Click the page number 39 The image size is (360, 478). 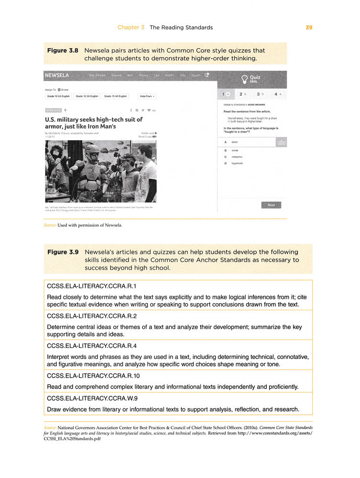coord(308,27)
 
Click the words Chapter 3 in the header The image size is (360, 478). coord(131,27)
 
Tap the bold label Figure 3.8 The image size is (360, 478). coord(63,50)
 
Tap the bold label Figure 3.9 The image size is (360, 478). coord(63,252)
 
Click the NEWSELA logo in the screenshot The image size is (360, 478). coord(56,76)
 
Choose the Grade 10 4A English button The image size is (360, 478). coord(115,96)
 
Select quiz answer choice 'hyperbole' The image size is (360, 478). coord(237,163)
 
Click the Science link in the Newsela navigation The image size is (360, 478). coord(117,76)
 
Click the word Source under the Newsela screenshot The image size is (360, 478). coord(50,226)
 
